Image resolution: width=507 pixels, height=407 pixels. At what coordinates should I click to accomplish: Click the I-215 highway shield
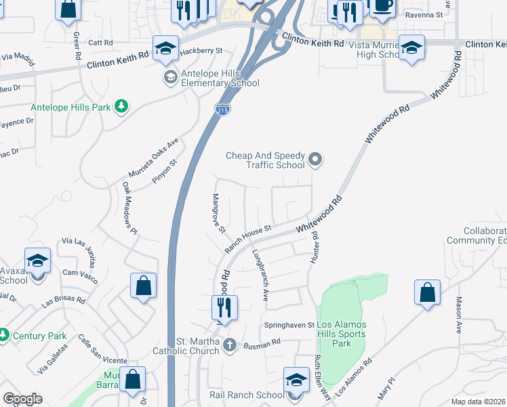coord(222,111)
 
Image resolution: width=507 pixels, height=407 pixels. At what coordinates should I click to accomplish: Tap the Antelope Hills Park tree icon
coord(121,106)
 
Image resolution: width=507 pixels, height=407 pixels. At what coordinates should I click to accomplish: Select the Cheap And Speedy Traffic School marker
coord(315,160)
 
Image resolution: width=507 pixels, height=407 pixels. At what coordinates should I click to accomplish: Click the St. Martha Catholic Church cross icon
coord(230,345)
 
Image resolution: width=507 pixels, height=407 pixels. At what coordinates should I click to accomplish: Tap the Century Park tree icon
coord(4,335)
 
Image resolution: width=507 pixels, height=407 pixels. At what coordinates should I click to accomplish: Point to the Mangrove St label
coord(218,213)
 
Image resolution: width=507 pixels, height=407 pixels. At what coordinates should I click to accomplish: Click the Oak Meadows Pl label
coord(129,208)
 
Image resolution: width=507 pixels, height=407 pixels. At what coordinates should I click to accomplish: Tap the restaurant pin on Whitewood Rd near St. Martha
coord(224,308)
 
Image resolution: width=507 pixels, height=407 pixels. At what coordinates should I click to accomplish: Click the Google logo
coord(22,399)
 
